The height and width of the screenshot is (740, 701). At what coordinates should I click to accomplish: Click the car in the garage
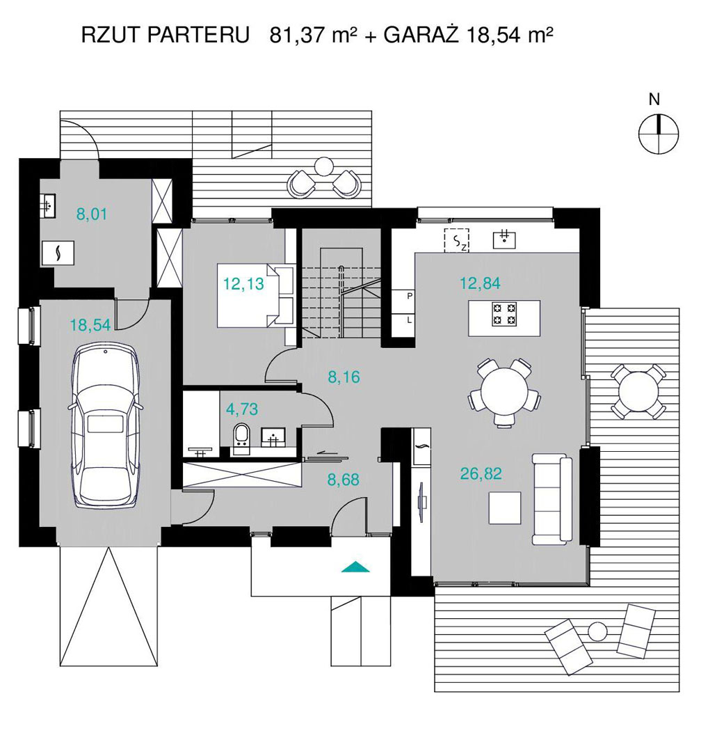click(x=106, y=425)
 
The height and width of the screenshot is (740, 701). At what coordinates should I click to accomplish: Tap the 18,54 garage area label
click(x=90, y=325)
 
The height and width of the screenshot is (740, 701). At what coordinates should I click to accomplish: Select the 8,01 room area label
click(x=92, y=214)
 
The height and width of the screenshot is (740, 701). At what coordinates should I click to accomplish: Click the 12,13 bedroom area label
click(x=243, y=284)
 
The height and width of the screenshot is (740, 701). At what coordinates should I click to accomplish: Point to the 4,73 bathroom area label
click(x=242, y=409)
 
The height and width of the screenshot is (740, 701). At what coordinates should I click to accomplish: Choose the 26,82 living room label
click(x=481, y=473)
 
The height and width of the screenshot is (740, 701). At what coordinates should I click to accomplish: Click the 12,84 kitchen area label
click(x=480, y=283)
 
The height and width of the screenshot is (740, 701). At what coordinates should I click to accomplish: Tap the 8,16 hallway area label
click(x=344, y=377)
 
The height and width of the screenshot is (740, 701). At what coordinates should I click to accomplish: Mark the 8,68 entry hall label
click(x=343, y=480)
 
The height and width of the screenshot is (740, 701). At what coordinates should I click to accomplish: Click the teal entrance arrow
click(x=356, y=567)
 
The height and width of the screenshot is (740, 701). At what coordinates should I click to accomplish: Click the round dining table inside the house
click(x=504, y=392)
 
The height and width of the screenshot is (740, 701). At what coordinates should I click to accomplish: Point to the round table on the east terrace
click(x=639, y=391)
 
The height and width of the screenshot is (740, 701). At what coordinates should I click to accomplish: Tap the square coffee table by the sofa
click(x=505, y=507)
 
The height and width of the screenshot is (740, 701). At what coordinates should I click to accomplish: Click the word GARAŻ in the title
click(x=421, y=36)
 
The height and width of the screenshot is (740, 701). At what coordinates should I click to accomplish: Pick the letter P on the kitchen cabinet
click(x=410, y=297)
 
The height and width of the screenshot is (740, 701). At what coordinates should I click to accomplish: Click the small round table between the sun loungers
click(x=598, y=631)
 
